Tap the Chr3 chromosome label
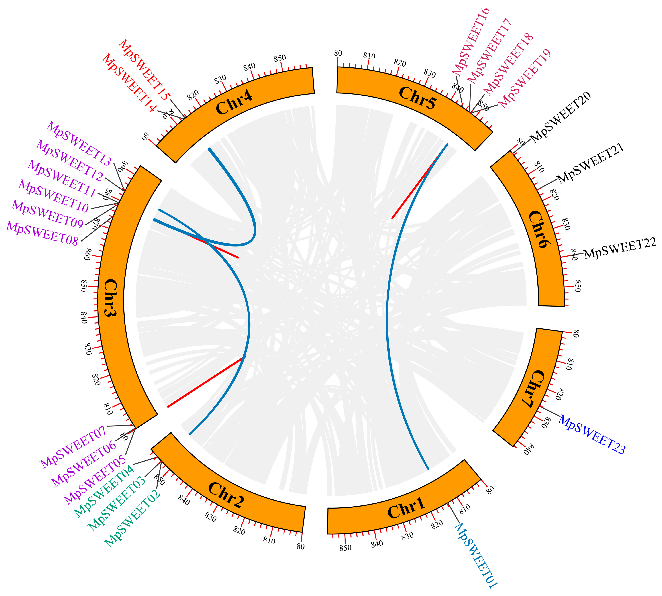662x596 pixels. (110, 297)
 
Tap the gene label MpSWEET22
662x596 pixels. (620, 248)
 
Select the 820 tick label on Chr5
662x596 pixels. (400, 63)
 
